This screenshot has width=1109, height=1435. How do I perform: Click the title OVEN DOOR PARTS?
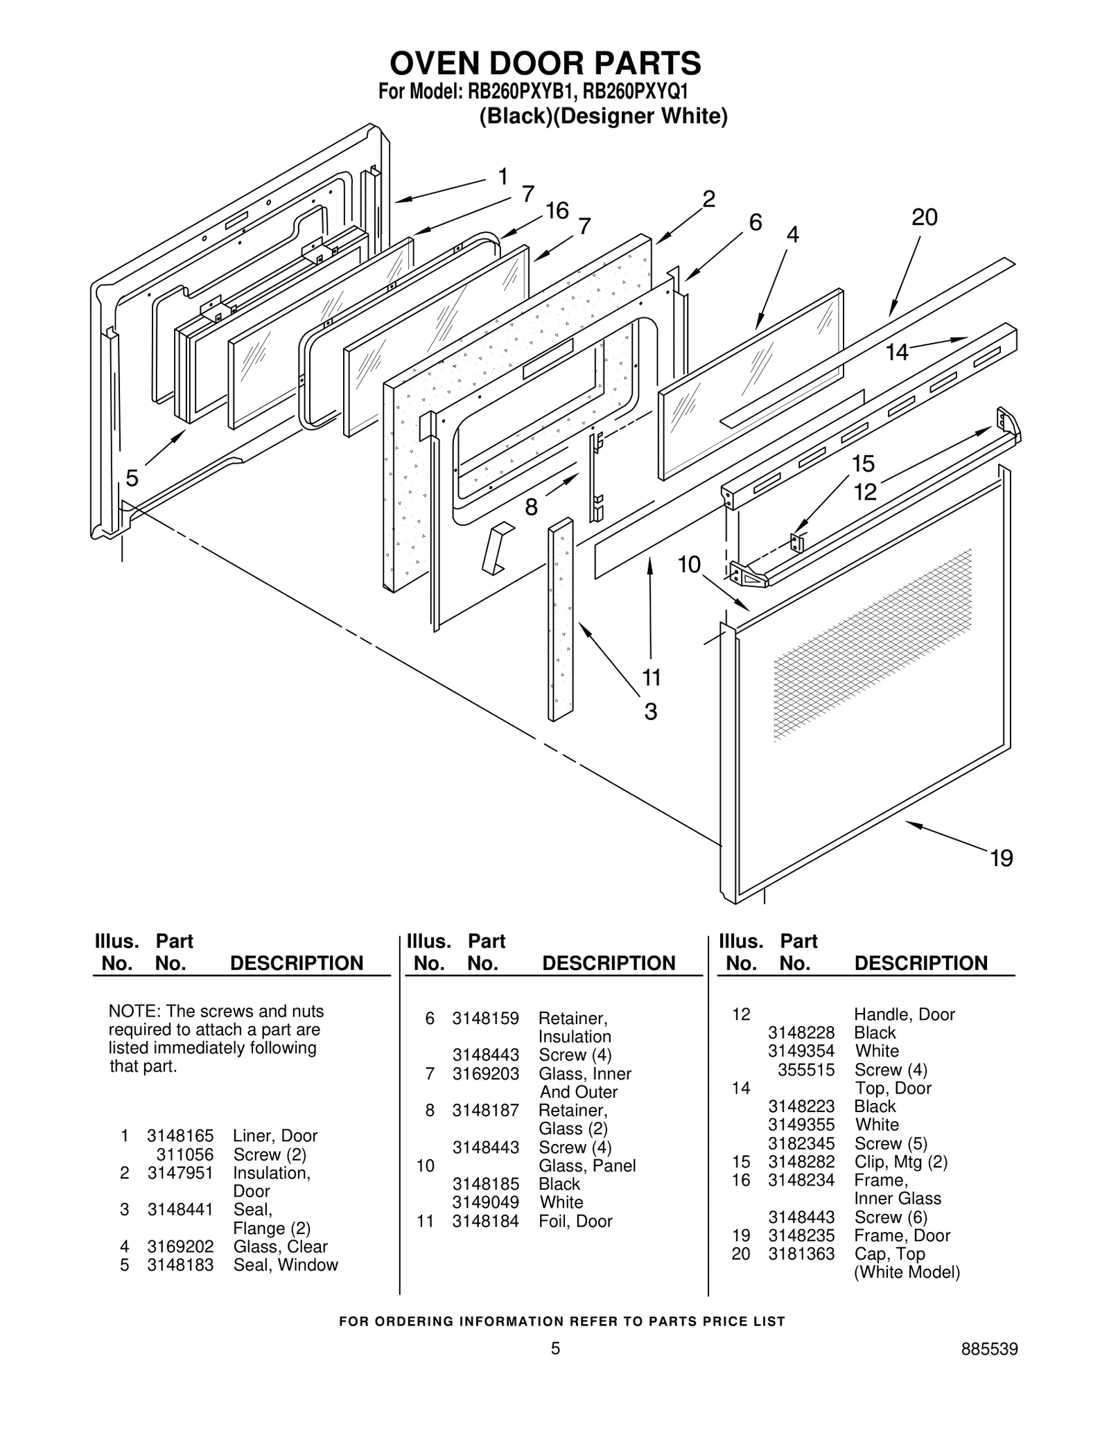(x=545, y=63)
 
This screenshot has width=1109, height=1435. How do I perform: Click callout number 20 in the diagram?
(x=924, y=218)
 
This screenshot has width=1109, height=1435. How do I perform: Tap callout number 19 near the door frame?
(x=1002, y=859)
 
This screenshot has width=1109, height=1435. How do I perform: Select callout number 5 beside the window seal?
(x=132, y=477)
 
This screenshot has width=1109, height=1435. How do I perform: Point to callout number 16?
(x=557, y=211)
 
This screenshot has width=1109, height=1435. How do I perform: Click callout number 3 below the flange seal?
(x=650, y=712)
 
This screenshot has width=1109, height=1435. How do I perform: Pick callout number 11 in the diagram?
(x=651, y=676)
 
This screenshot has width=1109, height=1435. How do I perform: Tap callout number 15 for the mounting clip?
(x=863, y=463)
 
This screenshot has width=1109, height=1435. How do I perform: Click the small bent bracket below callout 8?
(x=497, y=548)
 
